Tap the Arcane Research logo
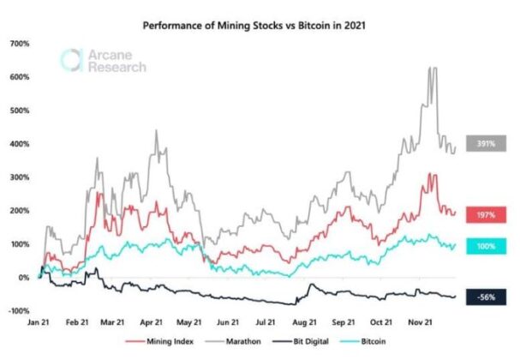pos(104,61)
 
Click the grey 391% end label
pos(486,144)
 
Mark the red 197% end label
pos(486,213)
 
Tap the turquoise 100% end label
pos(486,246)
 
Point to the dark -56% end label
pos(486,297)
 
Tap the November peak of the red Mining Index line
pos(433,175)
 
